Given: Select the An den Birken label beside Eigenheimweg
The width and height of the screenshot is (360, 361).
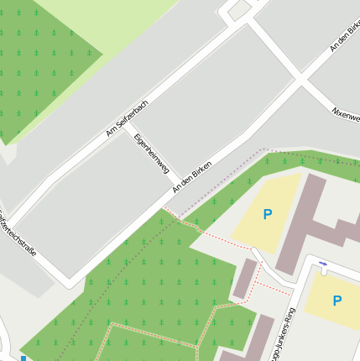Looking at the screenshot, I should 191,175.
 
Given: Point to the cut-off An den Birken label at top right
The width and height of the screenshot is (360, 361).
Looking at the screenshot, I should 345,35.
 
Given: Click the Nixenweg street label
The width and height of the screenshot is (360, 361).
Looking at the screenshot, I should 346,114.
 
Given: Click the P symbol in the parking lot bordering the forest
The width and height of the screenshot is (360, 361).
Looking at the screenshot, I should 267,215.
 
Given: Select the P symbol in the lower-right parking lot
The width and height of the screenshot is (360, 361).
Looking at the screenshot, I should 337,301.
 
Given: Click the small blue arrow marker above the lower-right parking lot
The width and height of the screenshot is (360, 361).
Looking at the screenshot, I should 323,264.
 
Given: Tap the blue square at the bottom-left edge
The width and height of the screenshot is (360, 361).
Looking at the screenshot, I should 23,358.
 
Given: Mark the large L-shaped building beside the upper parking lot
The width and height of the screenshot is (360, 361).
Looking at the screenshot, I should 306,222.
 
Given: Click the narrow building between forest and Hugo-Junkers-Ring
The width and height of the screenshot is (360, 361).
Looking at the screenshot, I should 244,280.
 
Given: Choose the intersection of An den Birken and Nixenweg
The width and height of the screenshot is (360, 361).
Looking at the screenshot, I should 300,81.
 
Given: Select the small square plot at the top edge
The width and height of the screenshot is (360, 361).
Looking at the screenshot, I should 239,9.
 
